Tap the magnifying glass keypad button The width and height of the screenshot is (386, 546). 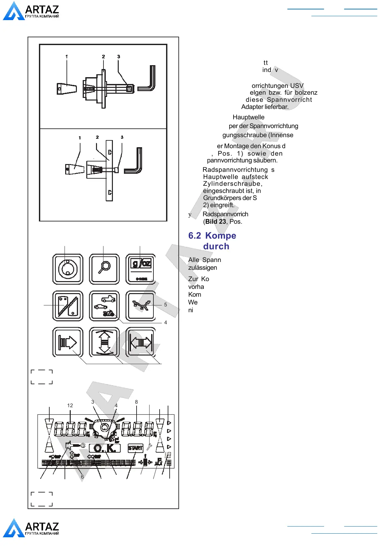[104, 269]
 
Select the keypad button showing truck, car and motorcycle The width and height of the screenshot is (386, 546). [104, 305]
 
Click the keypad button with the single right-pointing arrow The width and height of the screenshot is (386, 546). [68, 342]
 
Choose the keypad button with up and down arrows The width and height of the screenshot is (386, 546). [104, 342]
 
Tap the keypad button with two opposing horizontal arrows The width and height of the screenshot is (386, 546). [140, 342]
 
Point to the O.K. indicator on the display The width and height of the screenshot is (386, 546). [104, 448]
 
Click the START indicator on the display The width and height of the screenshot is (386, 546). [135, 448]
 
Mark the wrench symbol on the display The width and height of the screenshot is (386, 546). [149, 447]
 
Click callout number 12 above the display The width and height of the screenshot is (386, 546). [70, 406]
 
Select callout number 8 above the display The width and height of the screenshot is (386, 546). [136, 402]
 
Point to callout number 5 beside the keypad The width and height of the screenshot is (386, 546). [165, 305]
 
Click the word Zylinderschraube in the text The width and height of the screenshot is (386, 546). [232, 184]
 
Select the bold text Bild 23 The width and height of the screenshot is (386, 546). [216, 222]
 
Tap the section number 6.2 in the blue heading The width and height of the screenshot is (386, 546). [195, 236]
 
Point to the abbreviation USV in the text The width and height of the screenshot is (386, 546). [297, 86]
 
